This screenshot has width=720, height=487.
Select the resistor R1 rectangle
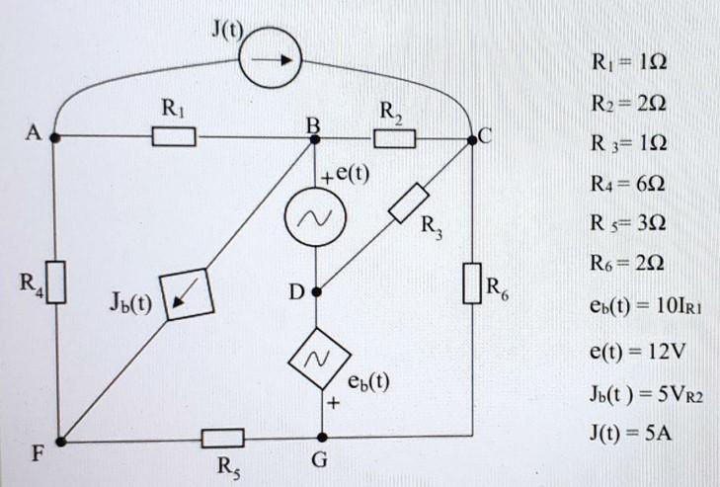point(174,135)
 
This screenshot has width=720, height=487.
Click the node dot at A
point(57,136)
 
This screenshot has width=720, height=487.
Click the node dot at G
point(318,434)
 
